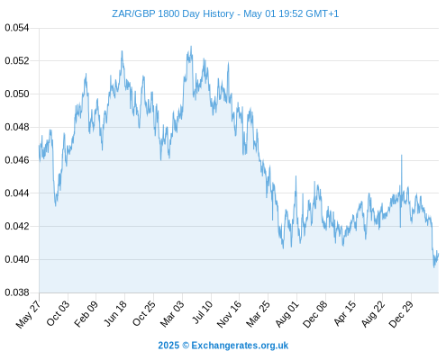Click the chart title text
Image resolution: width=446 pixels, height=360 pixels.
coord(225,13)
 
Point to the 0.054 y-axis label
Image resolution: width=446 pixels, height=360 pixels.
coord(17,28)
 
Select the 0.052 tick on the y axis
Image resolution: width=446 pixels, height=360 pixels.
coord(17,61)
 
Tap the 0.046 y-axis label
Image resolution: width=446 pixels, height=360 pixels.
coord(17,160)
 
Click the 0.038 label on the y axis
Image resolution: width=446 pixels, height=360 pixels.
coord(17,292)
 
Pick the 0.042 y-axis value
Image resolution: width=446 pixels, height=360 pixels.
coord(17,226)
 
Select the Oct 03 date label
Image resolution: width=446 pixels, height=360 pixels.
coord(58,312)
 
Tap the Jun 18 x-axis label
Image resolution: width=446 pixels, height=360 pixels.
coord(115,313)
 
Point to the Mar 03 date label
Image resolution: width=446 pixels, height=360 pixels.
coord(172,313)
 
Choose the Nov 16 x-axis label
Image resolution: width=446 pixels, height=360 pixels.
coord(229,313)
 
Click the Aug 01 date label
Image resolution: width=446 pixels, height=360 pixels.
coord(287,313)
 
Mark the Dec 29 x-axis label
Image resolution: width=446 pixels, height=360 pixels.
coord(401,313)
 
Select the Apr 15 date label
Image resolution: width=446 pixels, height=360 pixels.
coord(345,313)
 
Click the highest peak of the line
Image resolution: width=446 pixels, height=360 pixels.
coord(191,47)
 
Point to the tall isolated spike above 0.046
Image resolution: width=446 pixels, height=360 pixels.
coord(402,156)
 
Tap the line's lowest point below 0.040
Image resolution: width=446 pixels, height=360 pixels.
coord(433,267)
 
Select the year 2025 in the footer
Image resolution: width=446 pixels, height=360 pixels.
coord(168,346)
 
